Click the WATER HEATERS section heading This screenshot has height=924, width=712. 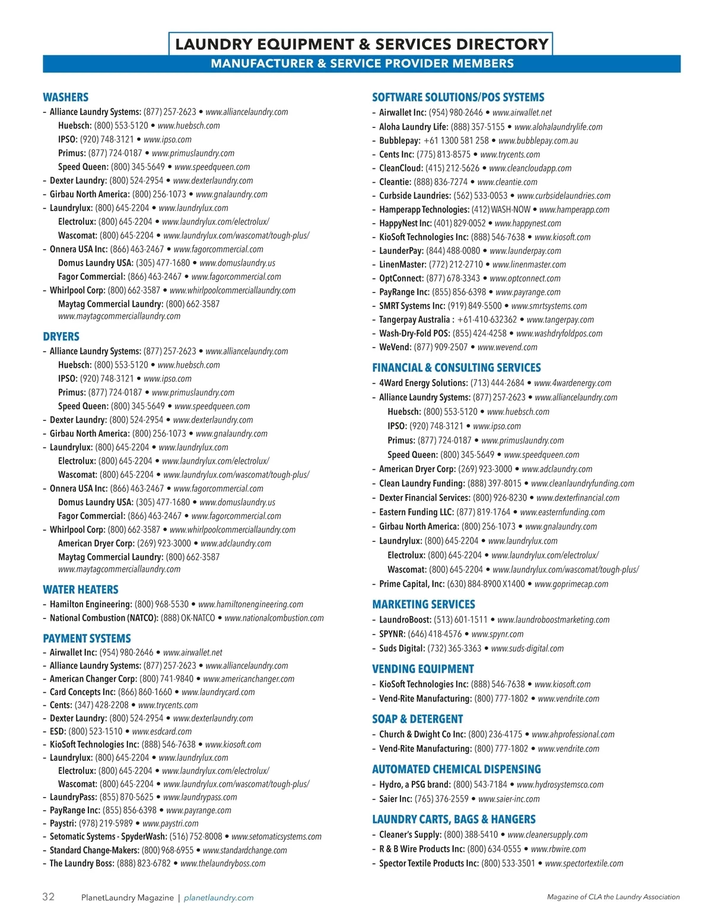[81, 590]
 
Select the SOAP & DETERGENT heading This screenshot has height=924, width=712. [418, 719]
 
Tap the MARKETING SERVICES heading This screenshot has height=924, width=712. [424, 604]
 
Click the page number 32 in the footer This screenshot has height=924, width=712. [48, 897]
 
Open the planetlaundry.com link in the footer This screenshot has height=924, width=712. [218, 898]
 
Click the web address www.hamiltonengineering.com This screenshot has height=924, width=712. [250, 604]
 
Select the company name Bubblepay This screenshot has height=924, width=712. [400, 141]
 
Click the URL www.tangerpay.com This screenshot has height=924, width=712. [560, 320]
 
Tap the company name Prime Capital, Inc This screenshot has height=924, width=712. [412, 584]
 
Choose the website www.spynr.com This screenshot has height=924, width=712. [497, 634]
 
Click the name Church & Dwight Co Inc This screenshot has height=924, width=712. [422, 734]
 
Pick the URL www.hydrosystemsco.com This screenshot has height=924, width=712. [560, 785]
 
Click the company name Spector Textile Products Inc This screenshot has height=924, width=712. [428, 864]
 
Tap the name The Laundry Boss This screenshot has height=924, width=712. [82, 864]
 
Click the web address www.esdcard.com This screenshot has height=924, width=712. [162, 731]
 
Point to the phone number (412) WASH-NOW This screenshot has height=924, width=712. [501, 209]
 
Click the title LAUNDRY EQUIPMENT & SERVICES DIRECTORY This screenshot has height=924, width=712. [361, 44]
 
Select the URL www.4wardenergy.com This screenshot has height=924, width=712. [573, 383]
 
